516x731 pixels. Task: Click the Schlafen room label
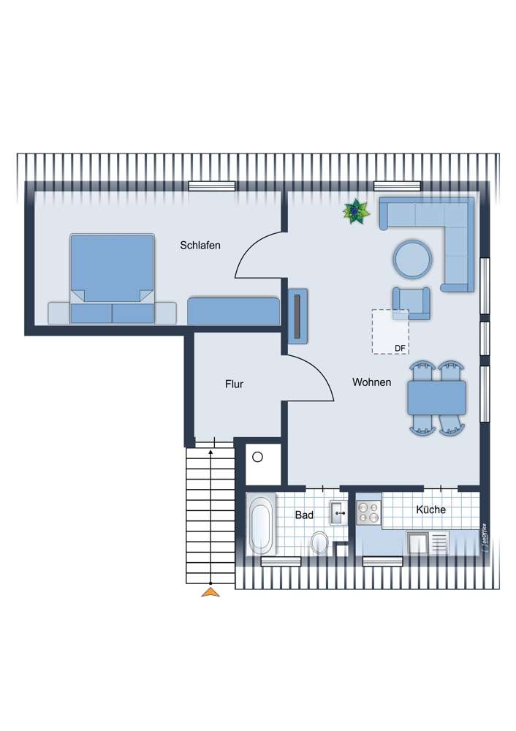coord(200,246)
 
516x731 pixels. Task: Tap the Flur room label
coord(234,384)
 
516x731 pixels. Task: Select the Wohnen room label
coord(371,382)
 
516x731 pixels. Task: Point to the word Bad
coord(304,515)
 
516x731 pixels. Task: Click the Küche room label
coord(431,510)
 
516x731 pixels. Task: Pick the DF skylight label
coord(400,349)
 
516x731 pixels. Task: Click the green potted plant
coord(357,212)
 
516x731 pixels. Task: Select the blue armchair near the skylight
coord(411,303)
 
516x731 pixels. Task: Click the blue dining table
coord(437,398)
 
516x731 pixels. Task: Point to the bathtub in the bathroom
coord(261,525)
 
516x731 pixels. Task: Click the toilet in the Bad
coord(319,542)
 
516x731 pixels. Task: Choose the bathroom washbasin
coord(338,512)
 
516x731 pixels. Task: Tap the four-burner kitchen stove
coord(368,513)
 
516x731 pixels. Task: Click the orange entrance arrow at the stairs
coord(210,592)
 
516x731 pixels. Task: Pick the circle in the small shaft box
coord(257,458)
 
